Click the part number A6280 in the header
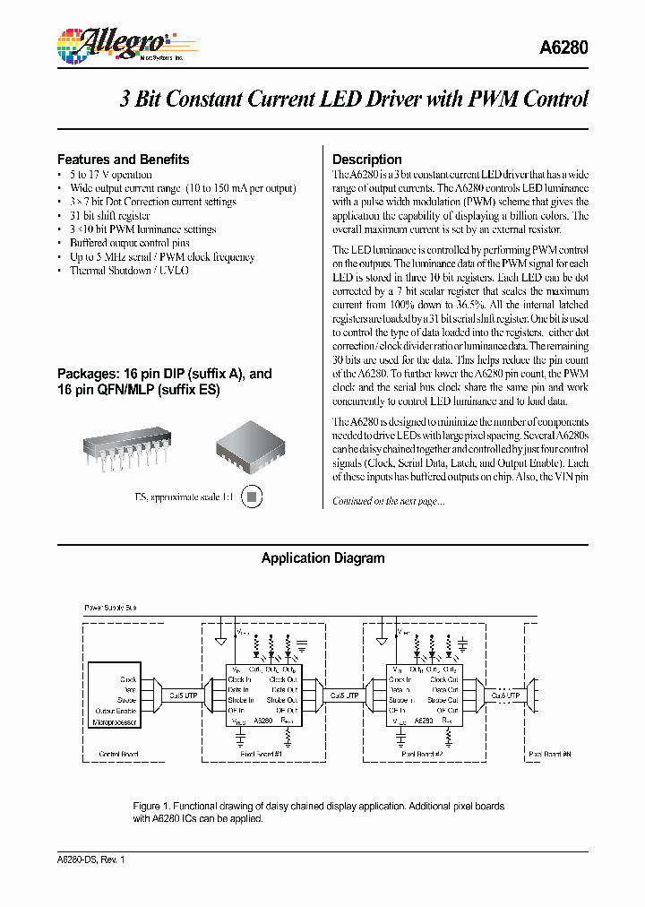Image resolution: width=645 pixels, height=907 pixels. (x=565, y=50)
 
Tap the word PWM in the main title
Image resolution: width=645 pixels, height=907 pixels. (x=498, y=99)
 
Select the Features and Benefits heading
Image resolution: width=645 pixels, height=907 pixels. (x=123, y=160)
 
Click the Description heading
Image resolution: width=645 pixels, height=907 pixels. (x=366, y=160)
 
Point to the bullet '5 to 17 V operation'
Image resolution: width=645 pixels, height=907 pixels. (x=110, y=175)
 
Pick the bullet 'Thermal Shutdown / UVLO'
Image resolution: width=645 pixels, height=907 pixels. (x=129, y=271)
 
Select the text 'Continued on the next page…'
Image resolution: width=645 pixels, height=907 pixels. (x=388, y=501)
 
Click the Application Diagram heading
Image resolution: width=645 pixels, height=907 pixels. (x=322, y=558)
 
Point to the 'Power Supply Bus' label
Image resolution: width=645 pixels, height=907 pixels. (x=110, y=608)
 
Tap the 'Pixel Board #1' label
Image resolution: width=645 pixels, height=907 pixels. (x=262, y=755)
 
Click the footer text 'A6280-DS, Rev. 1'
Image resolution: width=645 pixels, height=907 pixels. (x=90, y=860)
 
